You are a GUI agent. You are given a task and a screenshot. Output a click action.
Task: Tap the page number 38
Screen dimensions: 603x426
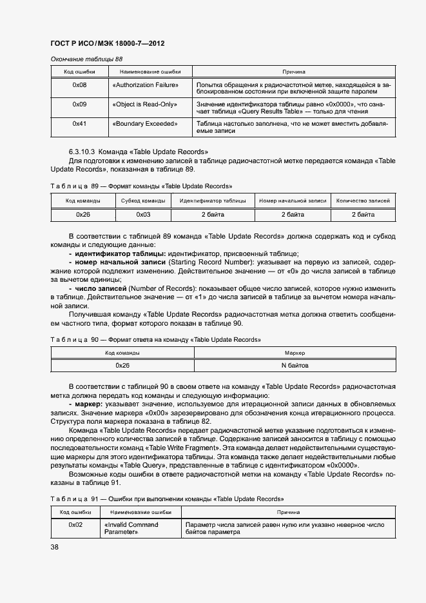[x=55, y=547]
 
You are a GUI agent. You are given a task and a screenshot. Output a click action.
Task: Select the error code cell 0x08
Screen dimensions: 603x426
[x=79, y=84]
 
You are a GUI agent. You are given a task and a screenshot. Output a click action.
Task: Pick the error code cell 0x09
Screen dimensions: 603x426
[x=79, y=104]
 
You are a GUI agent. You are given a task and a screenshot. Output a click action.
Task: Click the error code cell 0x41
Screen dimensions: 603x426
[x=79, y=123]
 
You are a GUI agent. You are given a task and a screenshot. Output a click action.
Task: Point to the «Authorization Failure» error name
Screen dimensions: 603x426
[x=145, y=84]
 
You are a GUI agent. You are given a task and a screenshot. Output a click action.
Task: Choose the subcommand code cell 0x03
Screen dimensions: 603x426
[x=143, y=214]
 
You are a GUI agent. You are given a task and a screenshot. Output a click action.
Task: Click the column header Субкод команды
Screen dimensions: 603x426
[x=143, y=201]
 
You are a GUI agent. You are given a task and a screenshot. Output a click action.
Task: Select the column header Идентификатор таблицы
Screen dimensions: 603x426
[x=213, y=201]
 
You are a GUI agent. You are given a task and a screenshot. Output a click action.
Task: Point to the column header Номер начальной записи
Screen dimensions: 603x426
[x=293, y=201]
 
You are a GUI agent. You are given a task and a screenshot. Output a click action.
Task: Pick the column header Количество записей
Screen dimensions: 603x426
[x=363, y=201]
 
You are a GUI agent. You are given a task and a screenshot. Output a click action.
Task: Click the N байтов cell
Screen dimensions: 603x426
[x=295, y=366]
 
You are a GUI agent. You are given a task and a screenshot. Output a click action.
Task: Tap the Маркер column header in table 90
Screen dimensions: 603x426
[x=295, y=353]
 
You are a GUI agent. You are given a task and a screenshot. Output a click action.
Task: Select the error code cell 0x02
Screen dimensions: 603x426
[x=75, y=525]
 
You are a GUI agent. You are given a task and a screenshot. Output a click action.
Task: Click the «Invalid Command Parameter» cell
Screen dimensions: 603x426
[x=131, y=528]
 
